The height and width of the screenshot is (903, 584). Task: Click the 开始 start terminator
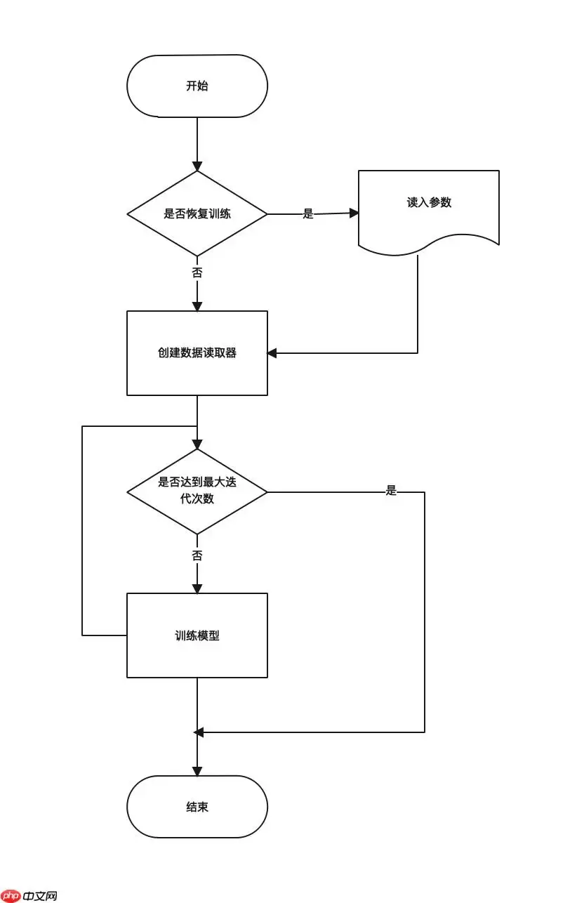pyautogui.click(x=197, y=86)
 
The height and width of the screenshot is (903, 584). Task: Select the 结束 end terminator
pyautogui.click(x=197, y=807)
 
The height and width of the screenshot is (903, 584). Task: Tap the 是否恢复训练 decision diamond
pyautogui.click(x=197, y=213)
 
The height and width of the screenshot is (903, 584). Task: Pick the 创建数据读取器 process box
pyautogui.click(x=197, y=353)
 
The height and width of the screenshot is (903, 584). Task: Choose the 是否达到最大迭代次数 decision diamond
pyautogui.click(x=197, y=492)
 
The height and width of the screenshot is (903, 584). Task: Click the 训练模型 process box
pyautogui.click(x=197, y=635)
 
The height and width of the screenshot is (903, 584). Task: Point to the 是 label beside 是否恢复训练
pyautogui.click(x=308, y=214)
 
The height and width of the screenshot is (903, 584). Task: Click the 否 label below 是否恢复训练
pyautogui.click(x=197, y=273)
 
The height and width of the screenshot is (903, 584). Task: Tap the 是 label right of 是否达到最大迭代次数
pyautogui.click(x=391, y=491)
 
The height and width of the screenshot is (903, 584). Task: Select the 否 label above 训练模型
pyautogui.click(x=197, y=555)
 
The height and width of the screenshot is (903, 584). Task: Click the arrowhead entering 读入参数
pyautogui.click(x=354, y=213)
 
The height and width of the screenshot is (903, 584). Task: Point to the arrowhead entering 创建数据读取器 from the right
pyautogui.click(x=272, y=353)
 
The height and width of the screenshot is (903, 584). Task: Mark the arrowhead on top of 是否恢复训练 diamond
pyautogui.click(x=197, y=166)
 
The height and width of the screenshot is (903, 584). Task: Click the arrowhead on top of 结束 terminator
pyautogui.click(x=197, y=771)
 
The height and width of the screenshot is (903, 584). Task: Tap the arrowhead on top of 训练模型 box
pyautogui.click(x=197, y=588)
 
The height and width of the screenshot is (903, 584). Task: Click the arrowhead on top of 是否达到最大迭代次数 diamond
pyautogui.click(x=197, y=444)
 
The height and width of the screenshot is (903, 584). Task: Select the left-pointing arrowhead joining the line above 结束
pyautogui.click(x=199, y=732)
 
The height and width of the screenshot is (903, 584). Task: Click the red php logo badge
pyautogui.click(x=11, y=896)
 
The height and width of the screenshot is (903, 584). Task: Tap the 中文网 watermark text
pyautogui.click(x=40, y=896)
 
